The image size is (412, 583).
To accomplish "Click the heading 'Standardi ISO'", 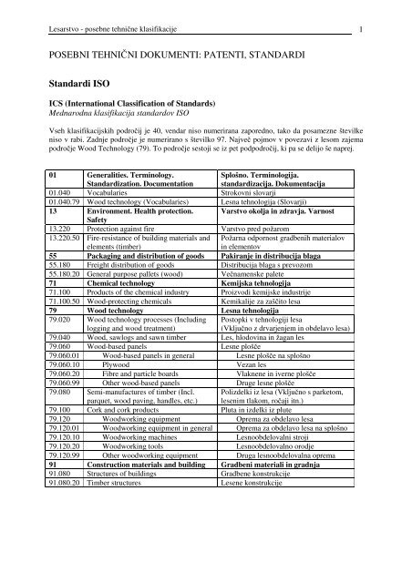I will tap(71, 84).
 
